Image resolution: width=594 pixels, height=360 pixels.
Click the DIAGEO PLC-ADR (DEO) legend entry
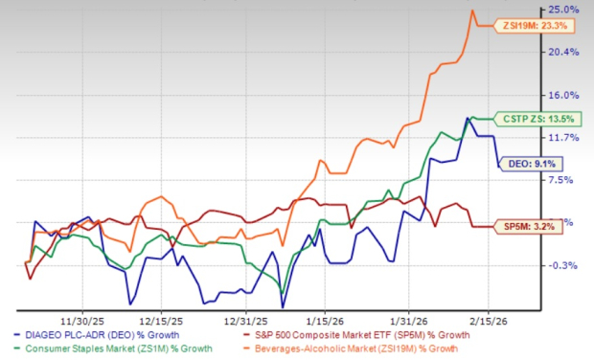point(96,334)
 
